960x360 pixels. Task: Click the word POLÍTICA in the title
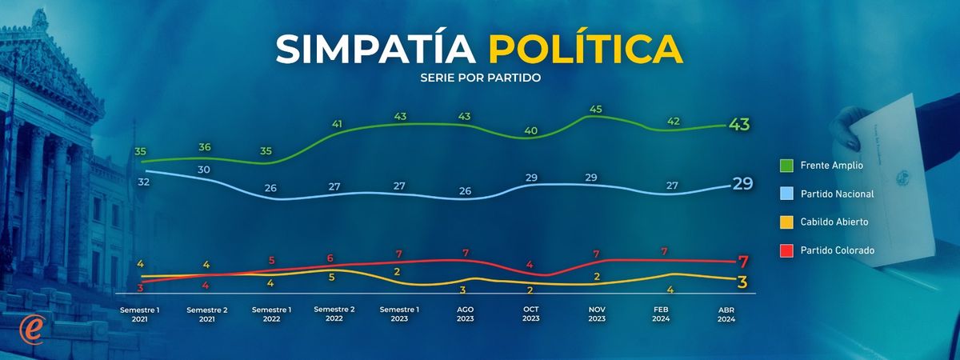[x=586, y=49]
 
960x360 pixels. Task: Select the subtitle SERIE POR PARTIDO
[x=480, y=78]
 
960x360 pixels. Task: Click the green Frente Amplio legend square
[x=786, y=166]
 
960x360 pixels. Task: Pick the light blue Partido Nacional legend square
[x=786, y=194]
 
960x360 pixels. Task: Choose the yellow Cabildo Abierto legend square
[x=786, y=222]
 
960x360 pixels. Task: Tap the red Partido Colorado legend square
[x=786, y=250]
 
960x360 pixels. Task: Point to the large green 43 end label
[x=740, y=125]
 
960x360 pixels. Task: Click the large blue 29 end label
[x=743, y=183]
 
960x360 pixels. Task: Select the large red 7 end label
[x=743, y=261]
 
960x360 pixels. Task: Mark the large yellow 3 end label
[x=743, y=282]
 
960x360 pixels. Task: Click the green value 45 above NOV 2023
[x=595, y=110]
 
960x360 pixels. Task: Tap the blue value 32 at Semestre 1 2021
[x=144, y=182]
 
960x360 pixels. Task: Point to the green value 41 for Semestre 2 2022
[x=337, y=124]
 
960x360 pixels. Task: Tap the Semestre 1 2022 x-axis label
[x=272, y=314]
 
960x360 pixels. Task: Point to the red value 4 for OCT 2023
[x=530, y=264]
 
